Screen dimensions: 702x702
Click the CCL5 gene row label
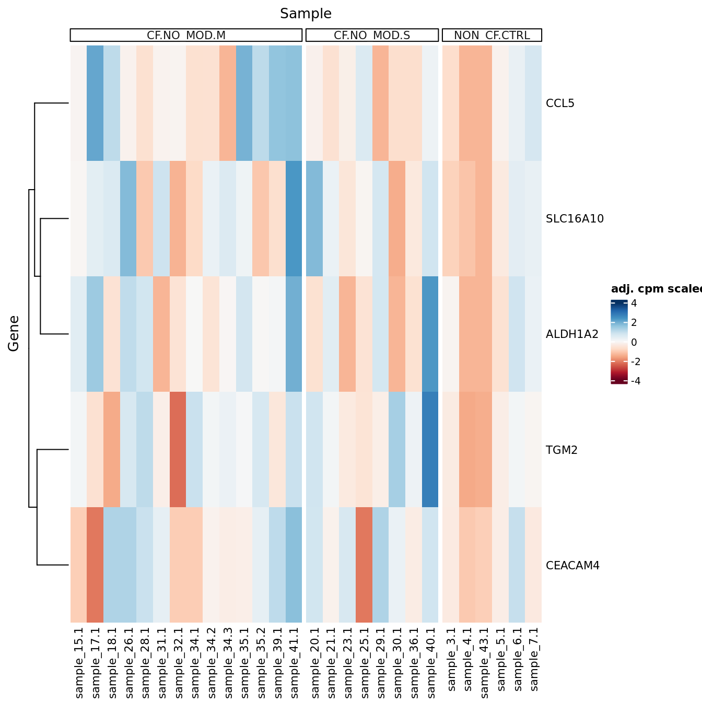point(560,103)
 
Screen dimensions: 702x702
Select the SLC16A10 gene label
point(575,219)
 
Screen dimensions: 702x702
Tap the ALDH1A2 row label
point(572,334)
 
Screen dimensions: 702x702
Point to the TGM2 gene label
point(561,450)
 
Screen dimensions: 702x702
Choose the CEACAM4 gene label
point(572,566)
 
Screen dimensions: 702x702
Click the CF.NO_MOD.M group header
point(186,36)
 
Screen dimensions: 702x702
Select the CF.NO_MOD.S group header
point(372,36)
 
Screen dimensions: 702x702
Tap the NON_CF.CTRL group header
point(492,36)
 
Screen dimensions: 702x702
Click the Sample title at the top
point(306,14)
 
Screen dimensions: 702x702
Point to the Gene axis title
point(14,333)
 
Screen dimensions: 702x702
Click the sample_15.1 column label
point(79,662)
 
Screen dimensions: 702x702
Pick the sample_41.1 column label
point(294,662)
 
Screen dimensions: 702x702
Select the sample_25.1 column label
point(365,662)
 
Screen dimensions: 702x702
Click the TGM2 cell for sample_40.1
point(430,449)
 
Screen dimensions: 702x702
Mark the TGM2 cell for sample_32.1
point(178,449)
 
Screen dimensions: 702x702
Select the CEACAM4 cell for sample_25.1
point(364,565)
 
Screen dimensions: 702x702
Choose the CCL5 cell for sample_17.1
point(95,103)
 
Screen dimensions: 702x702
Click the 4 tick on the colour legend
point(634,303)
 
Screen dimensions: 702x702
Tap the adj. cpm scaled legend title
point(657,289)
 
